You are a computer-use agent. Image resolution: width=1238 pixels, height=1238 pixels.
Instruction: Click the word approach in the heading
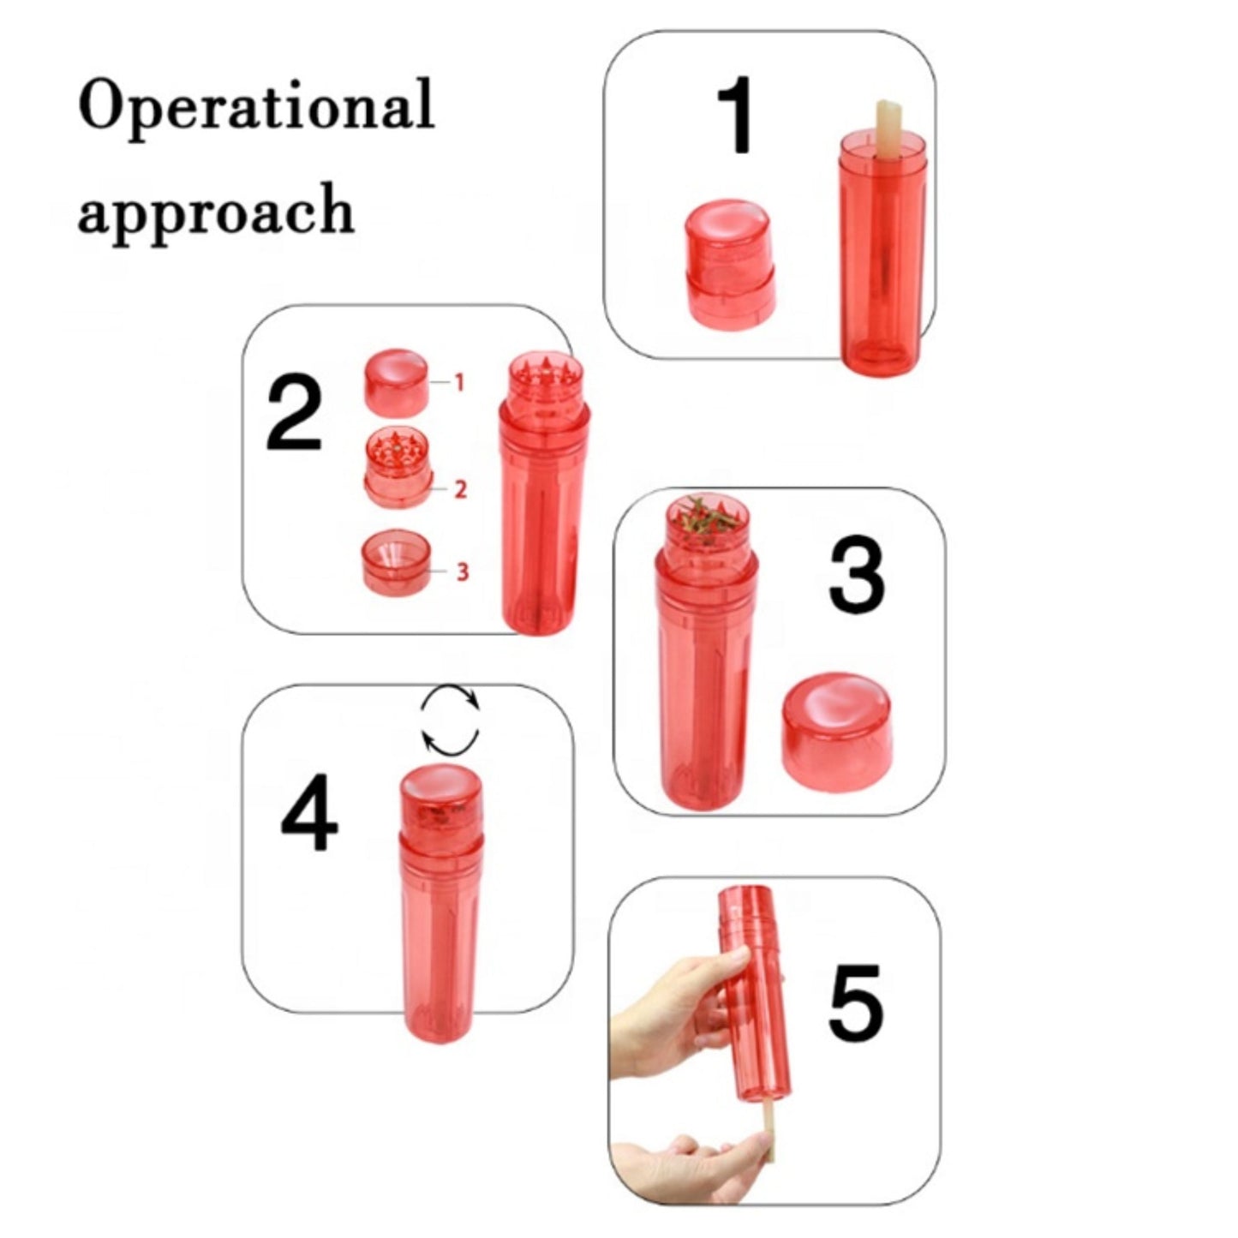click(216, 210)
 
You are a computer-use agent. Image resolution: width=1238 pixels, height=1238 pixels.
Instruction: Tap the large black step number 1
click(736, 115)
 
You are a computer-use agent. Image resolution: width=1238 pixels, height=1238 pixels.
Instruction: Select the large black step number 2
click(293, 414)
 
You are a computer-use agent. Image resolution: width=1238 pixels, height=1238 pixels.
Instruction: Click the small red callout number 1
click(458, 383)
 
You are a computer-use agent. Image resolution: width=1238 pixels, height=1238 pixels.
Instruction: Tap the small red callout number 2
click(460, 489)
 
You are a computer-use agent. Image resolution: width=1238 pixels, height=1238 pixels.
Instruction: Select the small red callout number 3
click(463, 571)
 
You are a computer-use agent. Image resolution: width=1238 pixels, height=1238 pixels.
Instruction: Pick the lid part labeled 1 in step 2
click(397, 384)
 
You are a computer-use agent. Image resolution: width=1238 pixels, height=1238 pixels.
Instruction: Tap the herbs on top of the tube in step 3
click(705, 520)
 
